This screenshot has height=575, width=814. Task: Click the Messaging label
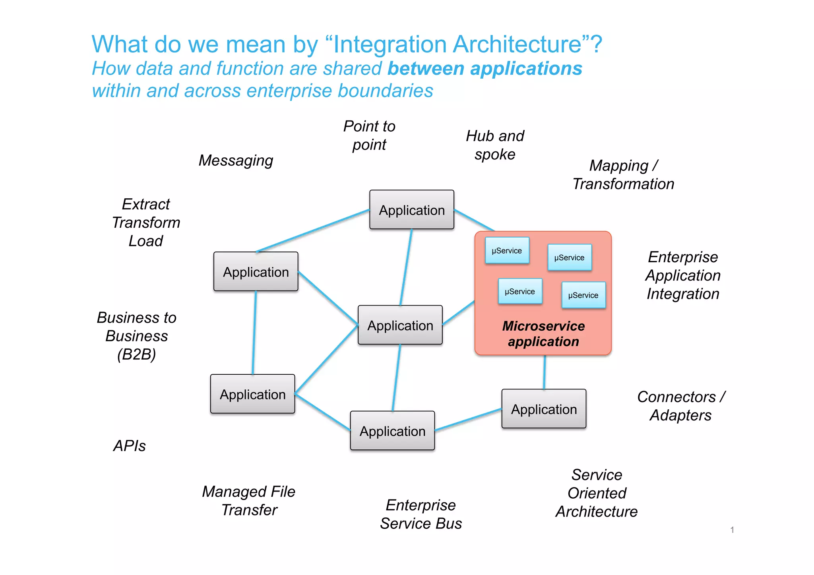coord(236,161)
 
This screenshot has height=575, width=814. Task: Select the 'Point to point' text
coord(369,136)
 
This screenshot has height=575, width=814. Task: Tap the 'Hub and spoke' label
coord(495,145)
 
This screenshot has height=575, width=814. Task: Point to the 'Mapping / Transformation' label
coord(623,175)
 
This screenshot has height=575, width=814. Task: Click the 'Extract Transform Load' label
coord(146,223)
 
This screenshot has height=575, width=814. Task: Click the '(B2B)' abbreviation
coord(136,354)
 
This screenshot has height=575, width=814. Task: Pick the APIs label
coord(130,446)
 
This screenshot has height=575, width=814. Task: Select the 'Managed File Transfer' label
coord(249,501)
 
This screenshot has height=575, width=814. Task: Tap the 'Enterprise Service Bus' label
coord(421,514)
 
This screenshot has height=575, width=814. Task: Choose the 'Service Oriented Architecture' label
coord(597,493)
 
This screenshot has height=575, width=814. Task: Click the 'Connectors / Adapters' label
coord(681,406)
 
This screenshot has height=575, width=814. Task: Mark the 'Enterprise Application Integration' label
coord(683,275)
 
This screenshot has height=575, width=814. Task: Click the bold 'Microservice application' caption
coord(543,334)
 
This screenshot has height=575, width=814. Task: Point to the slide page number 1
coord(732,530)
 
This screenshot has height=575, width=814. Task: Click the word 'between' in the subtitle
coord(426,68)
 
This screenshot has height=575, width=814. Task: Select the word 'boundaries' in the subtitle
coord(385,91)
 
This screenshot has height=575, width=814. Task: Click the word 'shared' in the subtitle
coord(353,68)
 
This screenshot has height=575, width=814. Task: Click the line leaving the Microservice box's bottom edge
coord(545,372)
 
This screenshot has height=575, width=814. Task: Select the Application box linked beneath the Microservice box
coord(544,409)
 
